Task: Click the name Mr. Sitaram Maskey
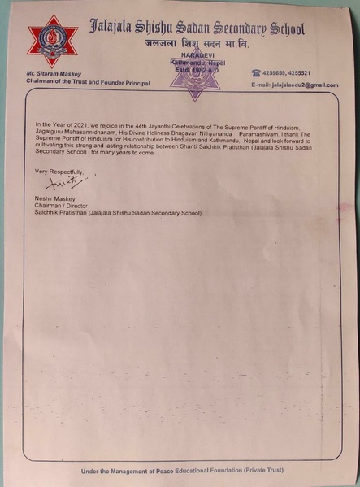coord(52,75)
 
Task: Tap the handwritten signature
coord(74,182)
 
